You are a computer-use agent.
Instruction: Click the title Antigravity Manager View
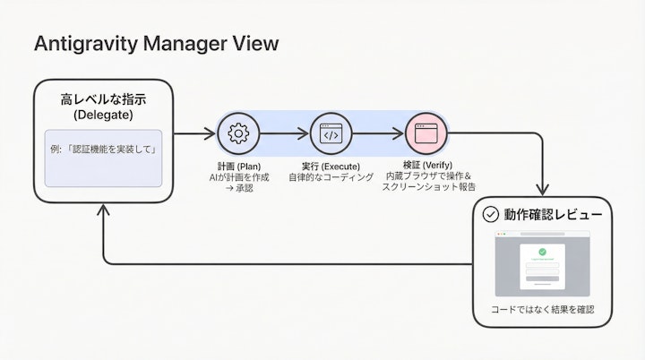pos(156,43)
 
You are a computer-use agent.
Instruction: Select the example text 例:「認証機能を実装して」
pos(102,149)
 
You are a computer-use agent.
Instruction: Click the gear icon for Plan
pos(237,134)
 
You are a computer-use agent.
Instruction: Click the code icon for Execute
pos(331,134)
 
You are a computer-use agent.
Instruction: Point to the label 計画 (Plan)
pos(237,167)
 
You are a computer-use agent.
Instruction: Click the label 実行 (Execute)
pos(331,167)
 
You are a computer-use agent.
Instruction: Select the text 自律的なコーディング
pos(331,177)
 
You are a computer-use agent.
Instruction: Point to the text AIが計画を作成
pos(237,177)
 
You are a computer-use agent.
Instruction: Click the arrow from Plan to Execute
pos(284,134)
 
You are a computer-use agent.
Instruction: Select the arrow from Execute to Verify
pos(379,134)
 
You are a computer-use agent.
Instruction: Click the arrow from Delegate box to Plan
pos(194,134)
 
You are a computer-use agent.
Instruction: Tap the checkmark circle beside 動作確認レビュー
pos(490,214)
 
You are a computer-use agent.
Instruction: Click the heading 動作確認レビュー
pos(552,215)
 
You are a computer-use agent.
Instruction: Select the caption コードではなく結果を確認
pos(543,309)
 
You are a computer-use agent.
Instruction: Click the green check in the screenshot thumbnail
pos(542,252)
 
